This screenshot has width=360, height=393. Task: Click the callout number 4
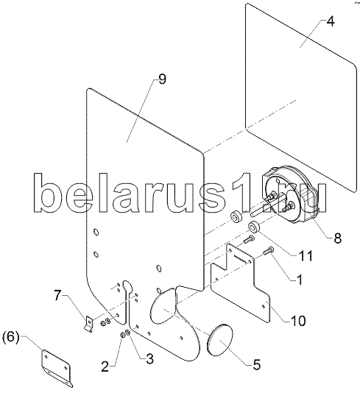331,21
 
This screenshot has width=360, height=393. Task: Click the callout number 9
162,79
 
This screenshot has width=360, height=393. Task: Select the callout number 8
337,238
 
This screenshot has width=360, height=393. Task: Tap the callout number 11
306,255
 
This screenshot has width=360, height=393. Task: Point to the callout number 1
300,279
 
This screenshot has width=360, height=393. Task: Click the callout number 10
298,321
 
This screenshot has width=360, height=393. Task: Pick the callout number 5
256,364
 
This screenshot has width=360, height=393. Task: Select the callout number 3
149,359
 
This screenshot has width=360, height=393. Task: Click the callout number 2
105,367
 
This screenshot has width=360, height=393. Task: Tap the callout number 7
57,296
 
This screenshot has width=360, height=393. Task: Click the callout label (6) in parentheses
10,337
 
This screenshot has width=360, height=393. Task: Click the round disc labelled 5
219,340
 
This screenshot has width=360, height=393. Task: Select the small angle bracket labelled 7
89,324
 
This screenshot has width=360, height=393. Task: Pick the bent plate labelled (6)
57,368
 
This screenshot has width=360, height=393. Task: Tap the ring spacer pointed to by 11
254,227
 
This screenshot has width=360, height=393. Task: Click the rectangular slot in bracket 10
241,258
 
